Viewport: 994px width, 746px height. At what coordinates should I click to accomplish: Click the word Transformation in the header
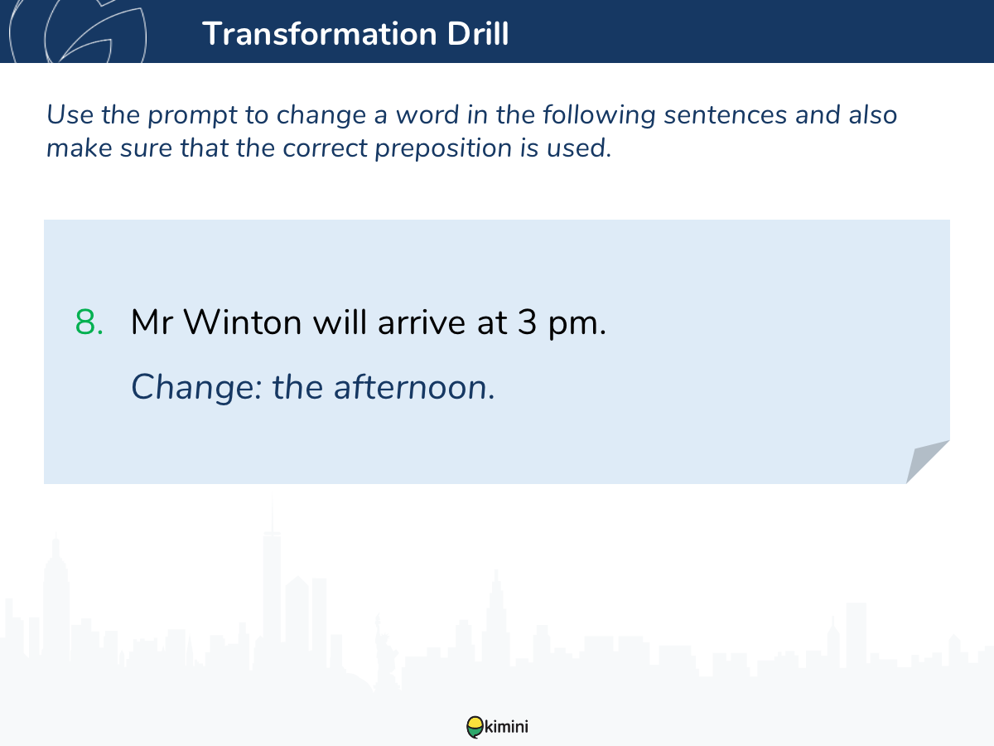pyautogui.click(x=320, y=33)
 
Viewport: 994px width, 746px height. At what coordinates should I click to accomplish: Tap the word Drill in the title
pyautogui.click(x=478, y=33)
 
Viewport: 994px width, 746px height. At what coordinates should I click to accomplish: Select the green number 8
pyautogui.click(x=89, y=322)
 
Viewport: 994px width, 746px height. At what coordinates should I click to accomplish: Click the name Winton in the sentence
pyautogui.click(x=242, y=322)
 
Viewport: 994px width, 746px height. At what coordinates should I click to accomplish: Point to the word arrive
pyautogui.click(x=421, y=322)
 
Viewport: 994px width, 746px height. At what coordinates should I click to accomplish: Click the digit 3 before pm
pyautogui.click(x=527, y=322)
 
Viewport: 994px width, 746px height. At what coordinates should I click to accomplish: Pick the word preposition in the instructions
pyautogui.click(x=443, y=149)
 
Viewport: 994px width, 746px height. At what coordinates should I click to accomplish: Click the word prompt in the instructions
pyautogui.click(x=192, y=115)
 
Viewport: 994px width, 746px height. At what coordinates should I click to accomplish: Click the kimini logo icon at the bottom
pyautogui.click(x=475, y=727)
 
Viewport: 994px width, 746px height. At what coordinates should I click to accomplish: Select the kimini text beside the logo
pyautogui.click(x=506, y=727)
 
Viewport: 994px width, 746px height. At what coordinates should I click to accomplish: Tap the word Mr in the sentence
pyautogui.click(x=152, y=322)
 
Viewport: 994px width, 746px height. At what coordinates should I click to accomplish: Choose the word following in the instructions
pyautogui.click(x=599, y=115)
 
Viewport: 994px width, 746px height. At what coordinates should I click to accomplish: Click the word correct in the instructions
pyautogui.click(x=325, y=148)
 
